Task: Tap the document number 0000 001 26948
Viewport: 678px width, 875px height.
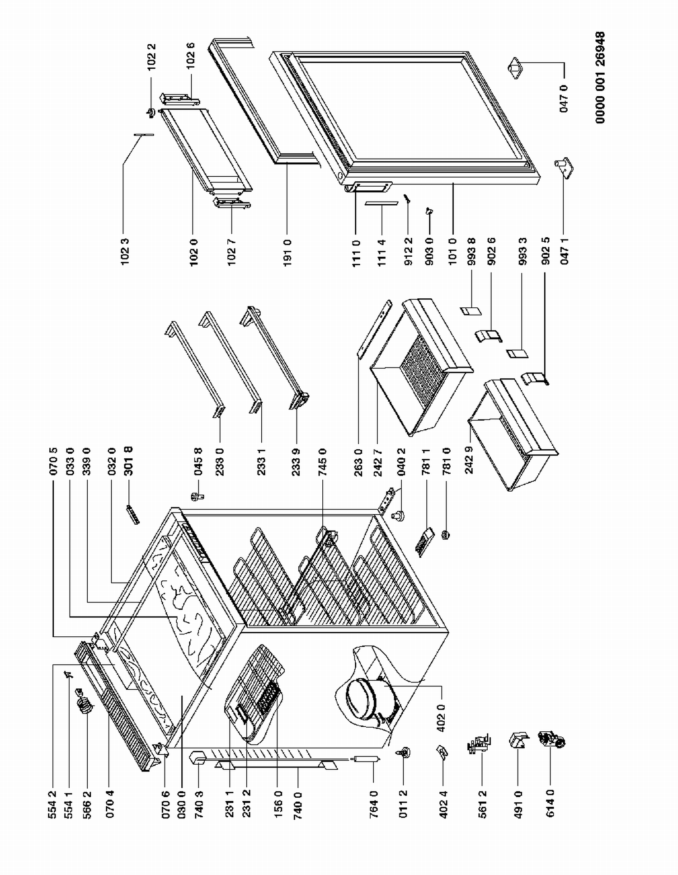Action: click(600, 77)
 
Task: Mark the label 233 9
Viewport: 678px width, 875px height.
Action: click(297, 461)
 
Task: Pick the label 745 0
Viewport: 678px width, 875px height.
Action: click(322, 461)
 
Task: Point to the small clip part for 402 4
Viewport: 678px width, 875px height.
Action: click(442, 752)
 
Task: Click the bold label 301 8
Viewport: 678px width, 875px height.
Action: click(129, 461)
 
